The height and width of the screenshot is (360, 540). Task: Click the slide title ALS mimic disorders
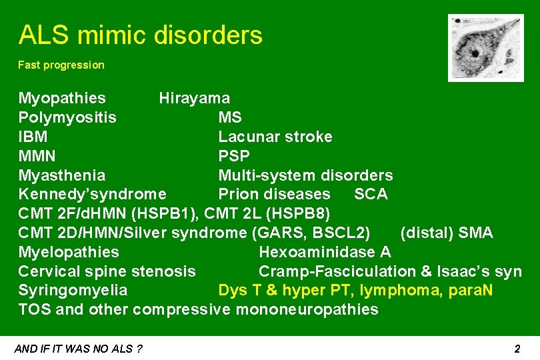coord(140,35)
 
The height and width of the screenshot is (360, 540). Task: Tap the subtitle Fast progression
coord(61,65)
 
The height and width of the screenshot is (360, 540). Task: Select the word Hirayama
coord(194,99)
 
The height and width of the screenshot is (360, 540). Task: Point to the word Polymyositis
coord(67,118)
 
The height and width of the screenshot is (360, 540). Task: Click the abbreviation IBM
coord(33,137)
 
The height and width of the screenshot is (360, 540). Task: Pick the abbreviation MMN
coord(37,157)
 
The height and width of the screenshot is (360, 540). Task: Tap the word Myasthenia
coord(61,175)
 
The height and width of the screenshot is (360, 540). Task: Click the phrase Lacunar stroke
coord(275,137)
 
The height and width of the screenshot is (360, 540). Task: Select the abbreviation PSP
coord(234,157)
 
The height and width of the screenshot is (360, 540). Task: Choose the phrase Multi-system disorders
coord(305,175)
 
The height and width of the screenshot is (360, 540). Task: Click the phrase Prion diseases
coord(274,195)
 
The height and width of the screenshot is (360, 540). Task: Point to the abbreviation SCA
coord(371,195)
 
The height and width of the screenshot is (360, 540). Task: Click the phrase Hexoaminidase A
coord(324,252)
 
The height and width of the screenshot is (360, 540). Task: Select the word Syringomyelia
coord(73,291)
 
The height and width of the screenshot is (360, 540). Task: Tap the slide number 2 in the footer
coord(517,349)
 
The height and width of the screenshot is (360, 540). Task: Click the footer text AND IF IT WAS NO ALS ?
coord(78,349)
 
